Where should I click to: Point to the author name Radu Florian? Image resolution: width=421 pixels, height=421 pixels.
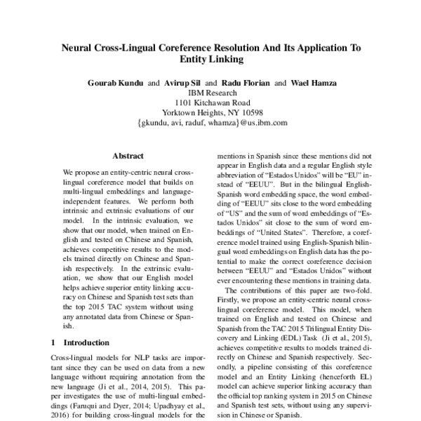coord(245,83)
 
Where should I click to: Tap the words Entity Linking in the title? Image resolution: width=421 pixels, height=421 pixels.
coord(210,61)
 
